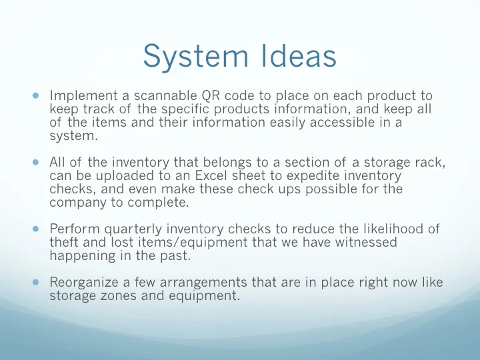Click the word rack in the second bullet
(422, 162)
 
